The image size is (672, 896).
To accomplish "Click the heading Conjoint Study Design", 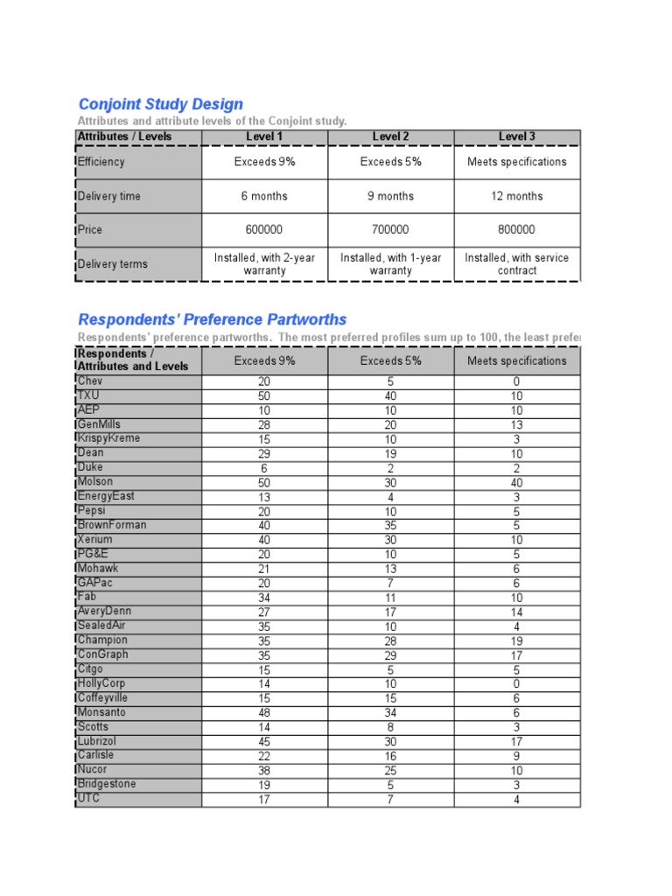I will [x=161, y=104].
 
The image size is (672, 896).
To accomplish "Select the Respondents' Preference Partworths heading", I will [x=213, y=319].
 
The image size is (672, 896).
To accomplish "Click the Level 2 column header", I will [x=390, y=136].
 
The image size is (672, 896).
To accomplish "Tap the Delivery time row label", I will [x=109, y=196].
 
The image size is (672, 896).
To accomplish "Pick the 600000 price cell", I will [x=264, y=230].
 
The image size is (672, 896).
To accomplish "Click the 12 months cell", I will [x=516, y=196].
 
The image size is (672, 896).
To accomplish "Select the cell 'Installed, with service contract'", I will [x=516, y=264].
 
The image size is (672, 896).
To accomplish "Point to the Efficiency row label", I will [x=101, y=162].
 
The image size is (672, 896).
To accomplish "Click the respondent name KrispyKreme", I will [x=109, y=438].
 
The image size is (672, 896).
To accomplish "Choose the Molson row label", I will [x=95, y=481].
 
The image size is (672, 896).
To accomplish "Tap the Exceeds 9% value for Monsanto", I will [x=264, y=713].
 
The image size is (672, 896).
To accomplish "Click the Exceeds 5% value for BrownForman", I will [x=390, y=526].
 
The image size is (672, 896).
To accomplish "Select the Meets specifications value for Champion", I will [x=516, y=640].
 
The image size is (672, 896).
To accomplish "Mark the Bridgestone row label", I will [x=107, y=784].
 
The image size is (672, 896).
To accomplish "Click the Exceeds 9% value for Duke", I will [x=264, y=468].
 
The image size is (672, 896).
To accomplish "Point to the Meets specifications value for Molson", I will [x=516, y=483].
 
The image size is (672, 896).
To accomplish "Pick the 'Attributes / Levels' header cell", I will [x=125, y=136].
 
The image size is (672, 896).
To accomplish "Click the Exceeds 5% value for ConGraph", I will [x=390, y=655].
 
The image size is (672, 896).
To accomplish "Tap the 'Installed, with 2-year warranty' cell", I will [x=264, y=264].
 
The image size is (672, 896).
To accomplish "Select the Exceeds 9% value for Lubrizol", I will [x=264, y=742].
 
